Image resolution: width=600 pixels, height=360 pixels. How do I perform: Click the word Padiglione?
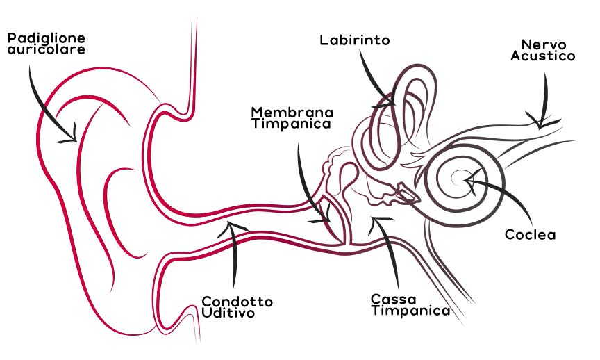47,38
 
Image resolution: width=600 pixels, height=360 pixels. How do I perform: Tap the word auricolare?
47,50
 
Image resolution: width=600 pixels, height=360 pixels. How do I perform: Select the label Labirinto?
354,40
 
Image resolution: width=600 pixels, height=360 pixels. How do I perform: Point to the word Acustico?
543,56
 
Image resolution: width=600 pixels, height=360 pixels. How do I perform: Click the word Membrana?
292,112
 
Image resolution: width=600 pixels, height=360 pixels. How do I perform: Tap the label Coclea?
531,235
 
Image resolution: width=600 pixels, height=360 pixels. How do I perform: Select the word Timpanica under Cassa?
410,311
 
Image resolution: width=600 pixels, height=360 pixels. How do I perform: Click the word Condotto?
237,302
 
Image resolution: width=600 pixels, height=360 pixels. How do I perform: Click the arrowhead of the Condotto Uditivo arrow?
234,226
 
